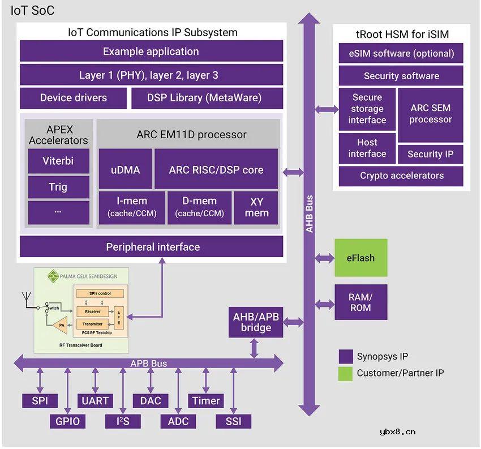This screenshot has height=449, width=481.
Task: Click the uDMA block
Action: click(x=126, y=169)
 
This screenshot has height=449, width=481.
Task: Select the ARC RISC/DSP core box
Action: click(x=216, y=169)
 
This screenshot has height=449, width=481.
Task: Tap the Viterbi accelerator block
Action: click(x=58, y=161)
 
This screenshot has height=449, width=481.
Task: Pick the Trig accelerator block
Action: click(x=58, y=187)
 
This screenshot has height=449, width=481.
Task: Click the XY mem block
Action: click(x=256, y=207)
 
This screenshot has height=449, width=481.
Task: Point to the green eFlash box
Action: click(x=360, y=258)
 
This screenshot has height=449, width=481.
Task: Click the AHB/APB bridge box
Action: click(x=256, y=322)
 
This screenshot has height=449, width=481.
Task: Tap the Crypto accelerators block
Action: click(x=401, y=176)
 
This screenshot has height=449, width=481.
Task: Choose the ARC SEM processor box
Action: click(x=431, y=114)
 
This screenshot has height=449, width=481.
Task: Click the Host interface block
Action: click(x=367, y=148)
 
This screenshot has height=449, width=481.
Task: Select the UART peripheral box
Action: click(x=95, y=401)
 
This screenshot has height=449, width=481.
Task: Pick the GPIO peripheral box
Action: click(x=67, y=421)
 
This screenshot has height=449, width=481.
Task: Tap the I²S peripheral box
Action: click(x=122, y=421)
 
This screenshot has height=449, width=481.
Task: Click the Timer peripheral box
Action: click(x=205, y=401)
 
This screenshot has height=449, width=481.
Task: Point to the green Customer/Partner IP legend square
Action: click(x=346, y=373)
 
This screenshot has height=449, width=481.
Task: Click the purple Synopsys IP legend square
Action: click(x=346, y=357)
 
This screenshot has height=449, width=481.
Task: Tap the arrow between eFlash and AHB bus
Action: click(x=324, y=258)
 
